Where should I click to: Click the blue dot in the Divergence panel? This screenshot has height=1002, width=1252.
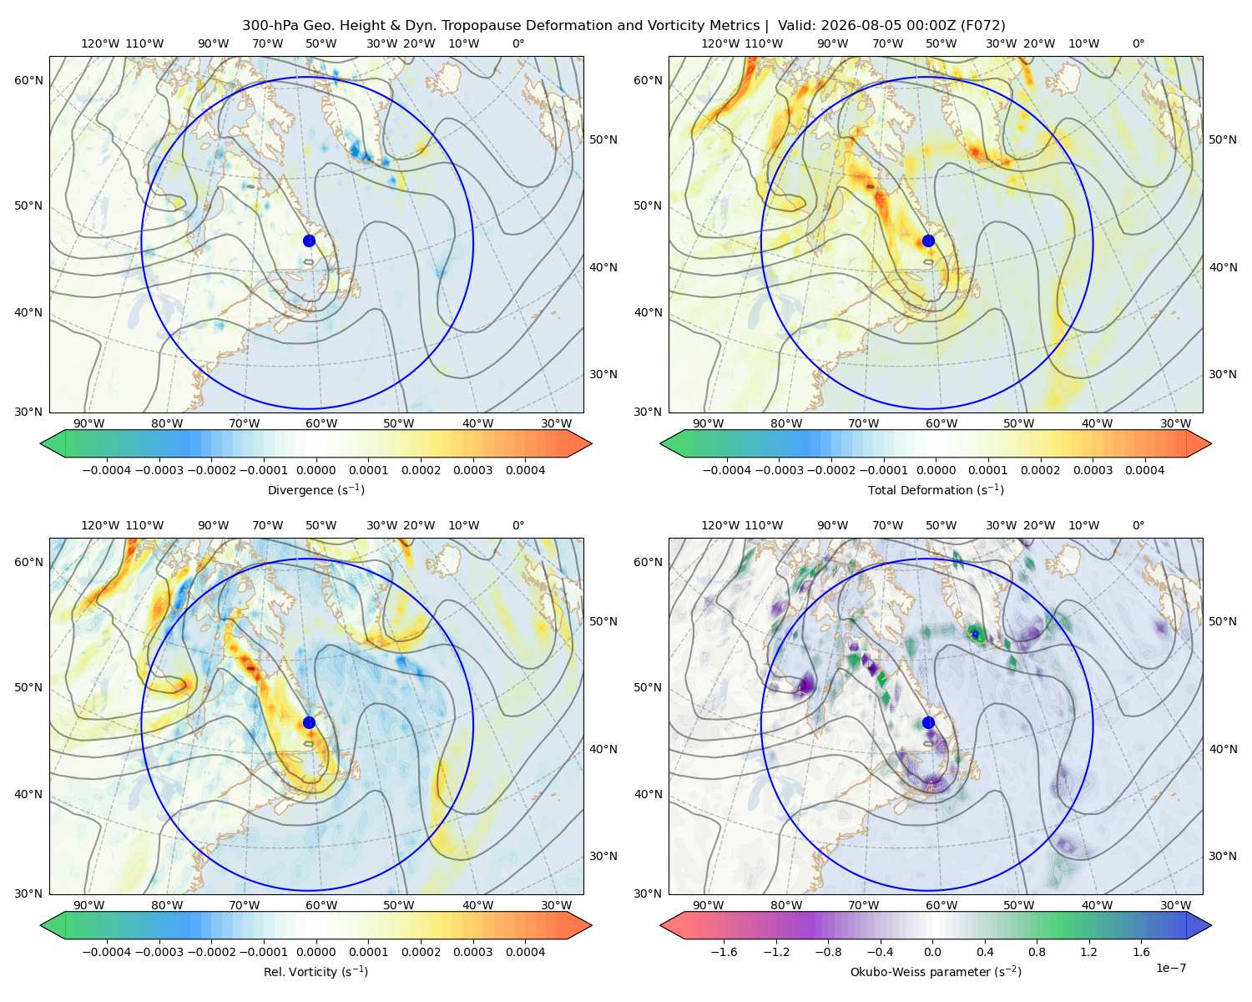pyautogui.click(x=309, y=241)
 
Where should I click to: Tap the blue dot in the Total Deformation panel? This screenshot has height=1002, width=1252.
pyautogui.click(x=928, y=241)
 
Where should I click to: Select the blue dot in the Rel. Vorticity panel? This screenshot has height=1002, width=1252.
pyautogui.click(x=309, y=722)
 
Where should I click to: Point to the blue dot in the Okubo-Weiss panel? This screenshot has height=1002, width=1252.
pyautogui.click(x=928, y=722)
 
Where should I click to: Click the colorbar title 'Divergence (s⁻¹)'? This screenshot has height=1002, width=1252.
pyautogui.click(x=316, y=489)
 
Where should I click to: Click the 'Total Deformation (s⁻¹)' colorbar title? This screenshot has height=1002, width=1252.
pyautogui.click(x=936, y=489)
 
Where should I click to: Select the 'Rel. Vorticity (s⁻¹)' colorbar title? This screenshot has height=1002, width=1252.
pyautogui.click(x=316, y=972)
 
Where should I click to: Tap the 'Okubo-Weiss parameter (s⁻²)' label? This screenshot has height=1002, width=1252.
pyautogui.click(x=936, y=972)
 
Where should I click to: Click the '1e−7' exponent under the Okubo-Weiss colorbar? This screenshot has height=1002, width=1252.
pyautogui.click(x=1170, y=968)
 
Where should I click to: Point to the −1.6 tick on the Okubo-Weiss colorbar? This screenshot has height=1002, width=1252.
pyautogui.click(x=724, y=952)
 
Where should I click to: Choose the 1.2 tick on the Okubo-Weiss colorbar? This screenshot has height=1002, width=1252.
pyautogui.click(x=1088, y=952)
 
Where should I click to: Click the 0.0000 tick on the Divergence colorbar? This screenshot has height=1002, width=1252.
pyautogui.click(x=316, y=470)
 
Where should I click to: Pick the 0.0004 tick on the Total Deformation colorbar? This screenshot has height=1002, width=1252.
pyautogui.click(x=1144, y=470)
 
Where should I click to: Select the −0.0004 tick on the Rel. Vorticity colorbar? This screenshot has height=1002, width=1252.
pyautogui.click(x=107, y=952)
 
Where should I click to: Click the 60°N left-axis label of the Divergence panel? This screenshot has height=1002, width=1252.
pyautogui.click(x=28, y=80)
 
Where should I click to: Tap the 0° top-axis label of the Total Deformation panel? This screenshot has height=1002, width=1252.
pyautogui.click(x=1138, y=43)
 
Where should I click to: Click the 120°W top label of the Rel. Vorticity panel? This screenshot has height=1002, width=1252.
pyautogui.click(x=100, y=525)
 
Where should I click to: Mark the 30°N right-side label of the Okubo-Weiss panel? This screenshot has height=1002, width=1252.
pyautogui.click(x=1223, y=856)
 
